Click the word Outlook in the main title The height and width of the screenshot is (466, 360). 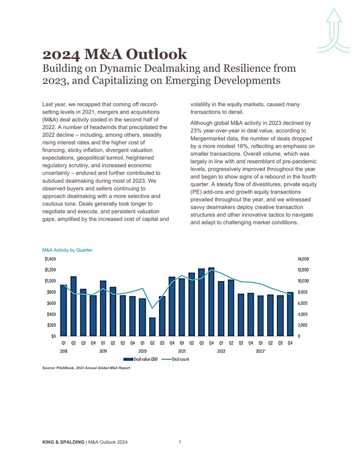tap(156, 54)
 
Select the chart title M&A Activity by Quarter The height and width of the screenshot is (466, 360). tap(67, 250)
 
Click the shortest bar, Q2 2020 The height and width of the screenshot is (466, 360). tap(152, 326)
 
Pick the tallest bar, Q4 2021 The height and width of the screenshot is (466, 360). tap(211, 302)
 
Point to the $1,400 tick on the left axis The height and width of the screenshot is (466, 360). tap(50, 259)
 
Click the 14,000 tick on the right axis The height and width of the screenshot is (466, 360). tap(303, 259)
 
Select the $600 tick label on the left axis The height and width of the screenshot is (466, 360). tap(51, 303)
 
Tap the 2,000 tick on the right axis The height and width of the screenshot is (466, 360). tap(302, 325)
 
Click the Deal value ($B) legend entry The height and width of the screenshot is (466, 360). tap(140, 359)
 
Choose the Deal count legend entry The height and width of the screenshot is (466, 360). tap(175, 359)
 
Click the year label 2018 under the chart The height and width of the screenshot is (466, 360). tap(63, 351)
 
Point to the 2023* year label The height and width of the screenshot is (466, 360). tap(261, 351)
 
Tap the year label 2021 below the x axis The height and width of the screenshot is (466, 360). tap(182, 351)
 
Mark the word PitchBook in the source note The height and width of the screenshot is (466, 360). tap(65, 368)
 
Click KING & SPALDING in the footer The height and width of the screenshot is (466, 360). tap(63, 442)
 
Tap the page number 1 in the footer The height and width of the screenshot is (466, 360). tap(180, 442)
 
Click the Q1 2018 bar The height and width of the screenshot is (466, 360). tap(63, 310)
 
